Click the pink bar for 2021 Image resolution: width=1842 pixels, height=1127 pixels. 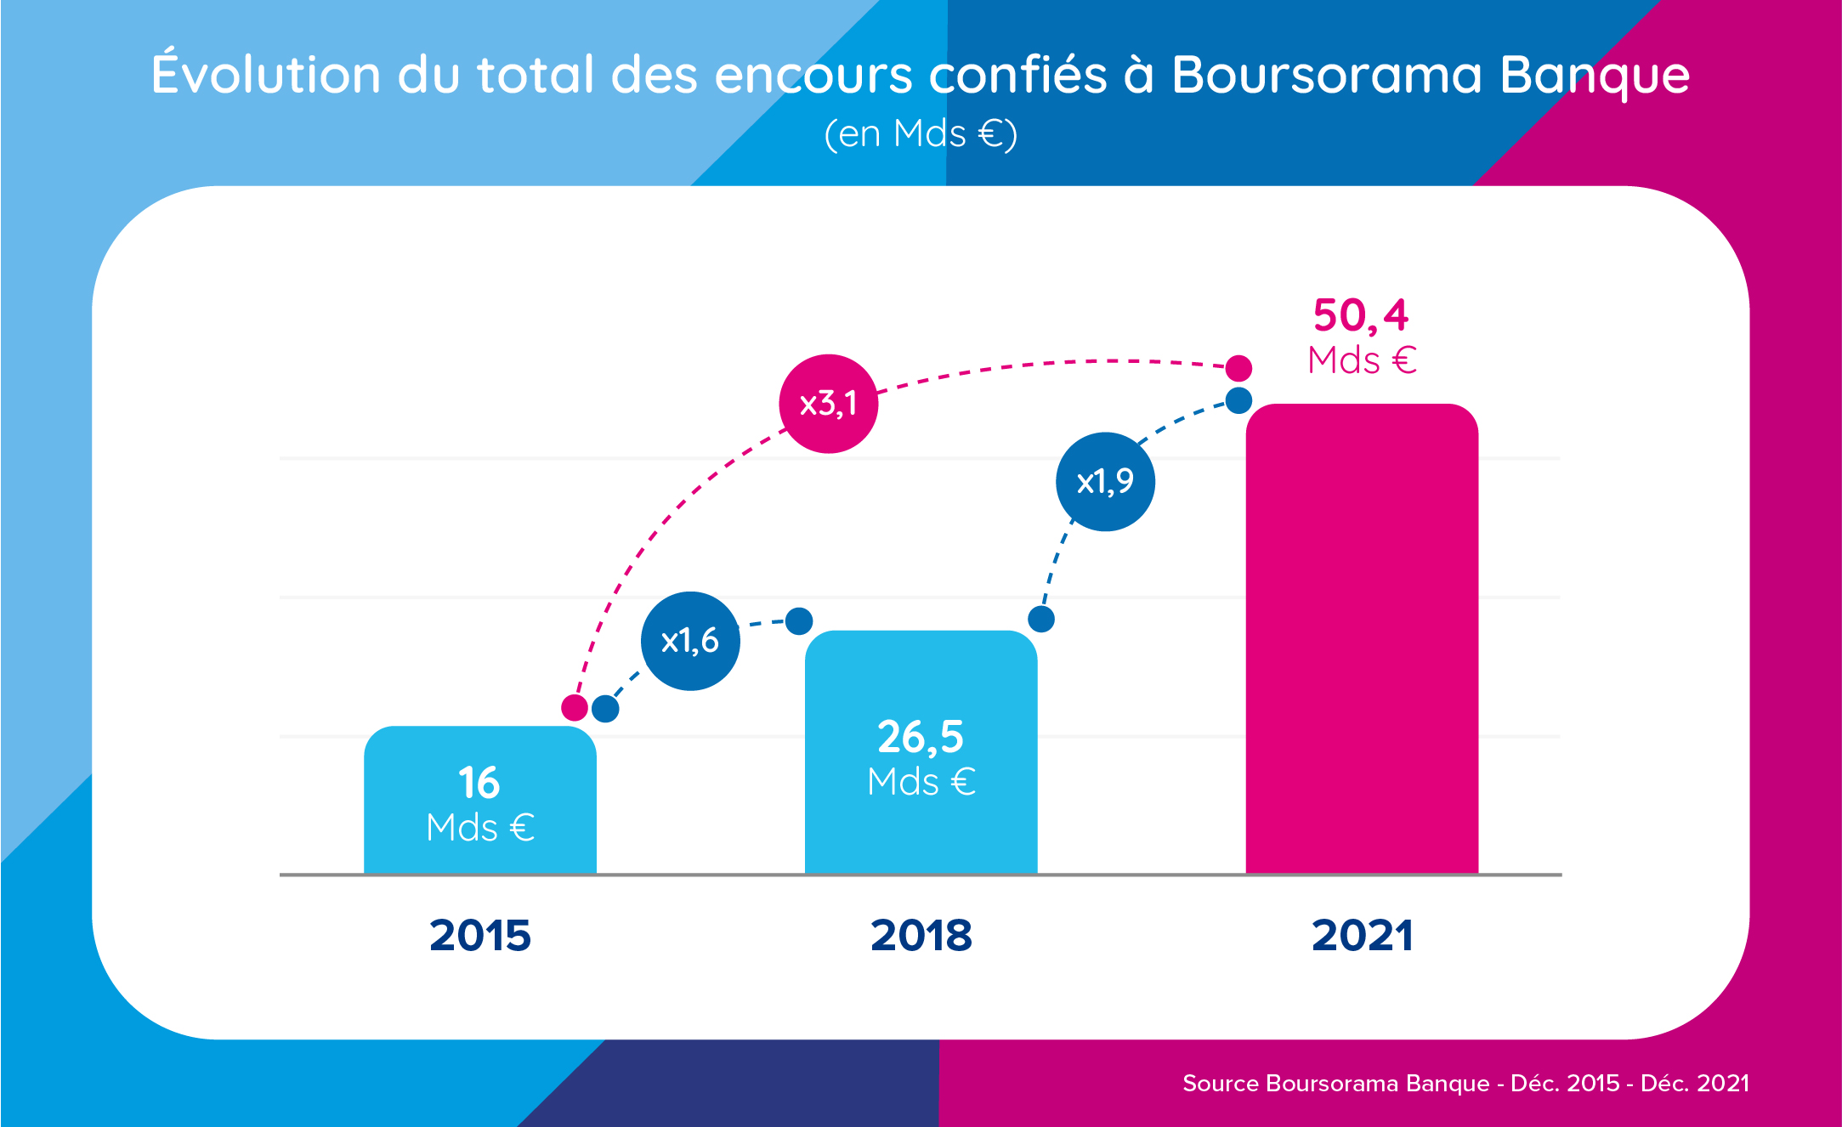click(x=1362, y=637)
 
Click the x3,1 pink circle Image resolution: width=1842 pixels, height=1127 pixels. click(x=828, y=404)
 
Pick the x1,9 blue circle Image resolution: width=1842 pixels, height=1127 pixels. click(x=1105, y=482)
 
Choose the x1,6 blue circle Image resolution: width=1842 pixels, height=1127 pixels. click(x=689, y=641)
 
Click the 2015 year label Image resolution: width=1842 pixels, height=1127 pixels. click(x=480, y=936)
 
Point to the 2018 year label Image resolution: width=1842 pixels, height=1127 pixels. click(x=921, y=936)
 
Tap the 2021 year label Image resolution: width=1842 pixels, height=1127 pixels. click(x=1362, y=936)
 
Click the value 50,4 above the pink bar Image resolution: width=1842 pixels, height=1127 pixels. click(x=1360, y=315)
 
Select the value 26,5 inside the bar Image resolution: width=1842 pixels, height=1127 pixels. click(x=921, y=737)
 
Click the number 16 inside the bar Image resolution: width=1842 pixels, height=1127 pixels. click(x=479, y=783)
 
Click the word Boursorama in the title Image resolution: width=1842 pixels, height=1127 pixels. click(x=1326, y=75)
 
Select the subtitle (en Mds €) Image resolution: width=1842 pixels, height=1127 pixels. click(x=921, y=133)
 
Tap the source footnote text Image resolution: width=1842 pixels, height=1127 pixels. click(x=1465, y=1084)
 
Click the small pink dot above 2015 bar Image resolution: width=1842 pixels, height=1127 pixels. click(x=575, y=707)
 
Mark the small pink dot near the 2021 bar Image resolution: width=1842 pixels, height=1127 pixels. click(x=1238, y=368)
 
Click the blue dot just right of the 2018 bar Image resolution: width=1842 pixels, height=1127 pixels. click(x=1041, y=619)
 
